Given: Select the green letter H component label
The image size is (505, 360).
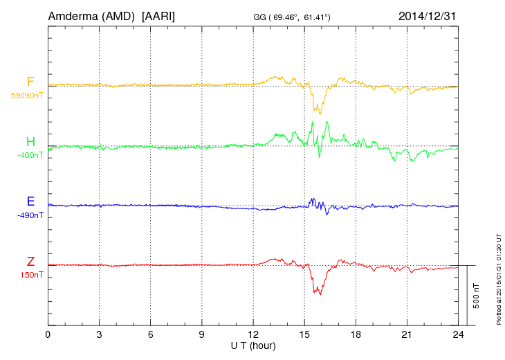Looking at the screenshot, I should tap(30, 143).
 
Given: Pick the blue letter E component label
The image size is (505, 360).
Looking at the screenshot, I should tap(30, 202).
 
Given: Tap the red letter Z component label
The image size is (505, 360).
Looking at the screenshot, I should tap(30, 262).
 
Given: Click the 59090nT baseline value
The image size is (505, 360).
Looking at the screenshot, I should tap(26, 96).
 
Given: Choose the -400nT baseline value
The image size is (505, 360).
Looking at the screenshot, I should tap(30, 155).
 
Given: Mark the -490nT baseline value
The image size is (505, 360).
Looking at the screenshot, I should tap(30, 215).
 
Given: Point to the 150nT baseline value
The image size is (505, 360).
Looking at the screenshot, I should tap(32, 275).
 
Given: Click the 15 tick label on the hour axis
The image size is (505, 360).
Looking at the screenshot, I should tap(304, 335).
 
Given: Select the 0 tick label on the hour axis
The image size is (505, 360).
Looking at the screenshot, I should tap(48, 335).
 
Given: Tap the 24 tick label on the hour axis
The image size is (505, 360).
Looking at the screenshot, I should tap(458, 335).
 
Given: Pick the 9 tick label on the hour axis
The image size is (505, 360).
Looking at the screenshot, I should tap(202, 335).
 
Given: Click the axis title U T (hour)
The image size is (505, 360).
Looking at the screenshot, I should tap(253, 345).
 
